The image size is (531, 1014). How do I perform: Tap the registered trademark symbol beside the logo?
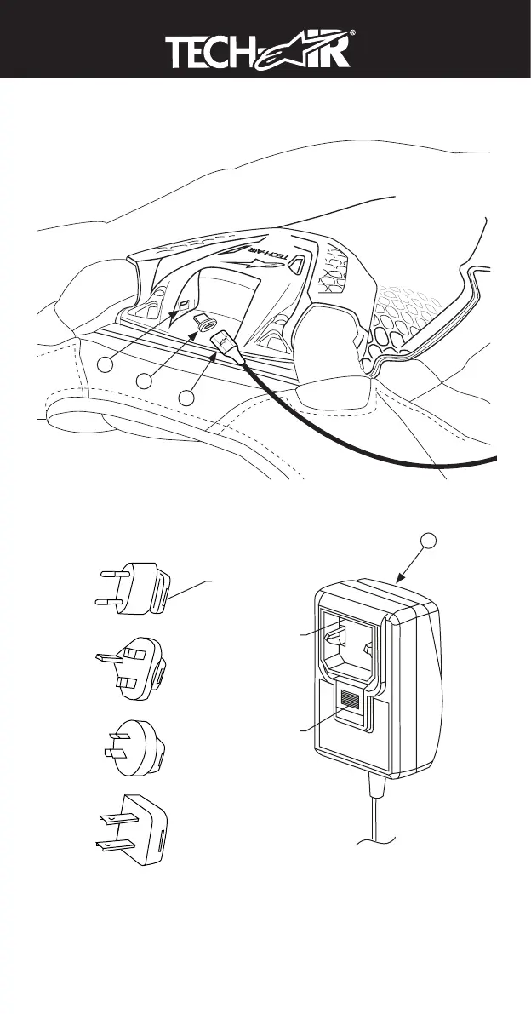375,37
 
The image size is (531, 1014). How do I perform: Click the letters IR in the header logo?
347,54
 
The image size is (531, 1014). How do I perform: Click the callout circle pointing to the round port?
146,381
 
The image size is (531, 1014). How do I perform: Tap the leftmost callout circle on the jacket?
105,364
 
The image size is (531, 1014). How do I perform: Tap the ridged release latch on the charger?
349,702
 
